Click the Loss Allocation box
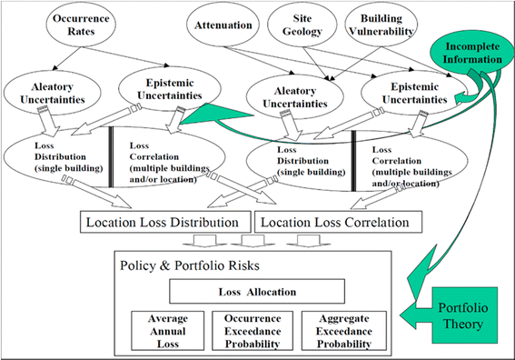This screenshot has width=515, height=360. (257, 291)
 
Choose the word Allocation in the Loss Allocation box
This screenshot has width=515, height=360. (272, 291)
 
